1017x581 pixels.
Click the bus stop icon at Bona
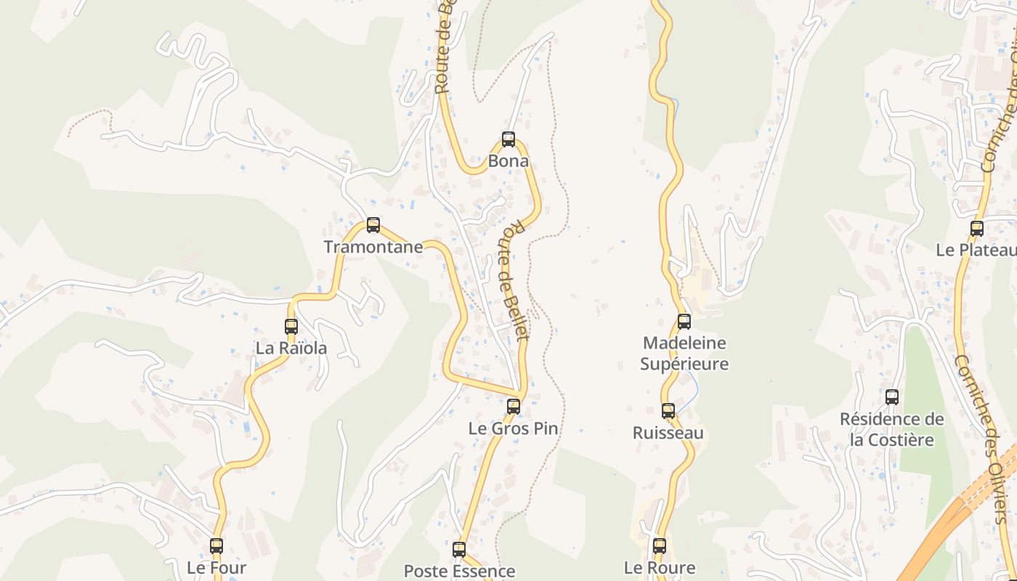pyautogui.click(x=508, y=139)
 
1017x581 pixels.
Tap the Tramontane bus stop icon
pyautogui.click(x=373, y=225)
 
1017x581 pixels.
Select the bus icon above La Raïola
pyautogui.click(x=291, y=327)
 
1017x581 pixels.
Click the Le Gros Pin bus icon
pyautogui.click(x=514, y=407)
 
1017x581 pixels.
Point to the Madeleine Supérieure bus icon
pyautogui.click(x=684, y=321)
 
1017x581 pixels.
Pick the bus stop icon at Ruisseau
pyautogui.click(x=668, y=411)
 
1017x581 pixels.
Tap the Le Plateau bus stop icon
pyautogui.click(x=977, y=229)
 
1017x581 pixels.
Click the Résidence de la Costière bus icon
pyautogui.click(x=892, y=397)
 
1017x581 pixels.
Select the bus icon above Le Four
pyautogui.click(x=216, y=546)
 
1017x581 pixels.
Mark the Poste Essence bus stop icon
pyautogui.click(x=459, y=550)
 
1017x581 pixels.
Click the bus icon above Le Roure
pyautogui.click(x=660, y=546)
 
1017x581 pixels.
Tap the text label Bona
pyautogui.click(x=508, y=161)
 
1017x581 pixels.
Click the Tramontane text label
pyautogui.click(x=373, y=247)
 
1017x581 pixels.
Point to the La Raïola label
pyautogui.click(x=291, y=349)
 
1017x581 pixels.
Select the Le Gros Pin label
pyautogui.click(x=514, y=428)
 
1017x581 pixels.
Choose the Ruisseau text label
pyautogui.click(x=668, y=433)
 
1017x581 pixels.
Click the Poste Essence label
pyautogui.click(x=459, y=572)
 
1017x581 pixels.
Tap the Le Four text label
pyautogui.click(x=216, y=568)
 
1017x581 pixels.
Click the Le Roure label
pyautogui.click(x=660, y=568)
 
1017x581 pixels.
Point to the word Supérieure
pyautogui.click(x=684, y=363)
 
